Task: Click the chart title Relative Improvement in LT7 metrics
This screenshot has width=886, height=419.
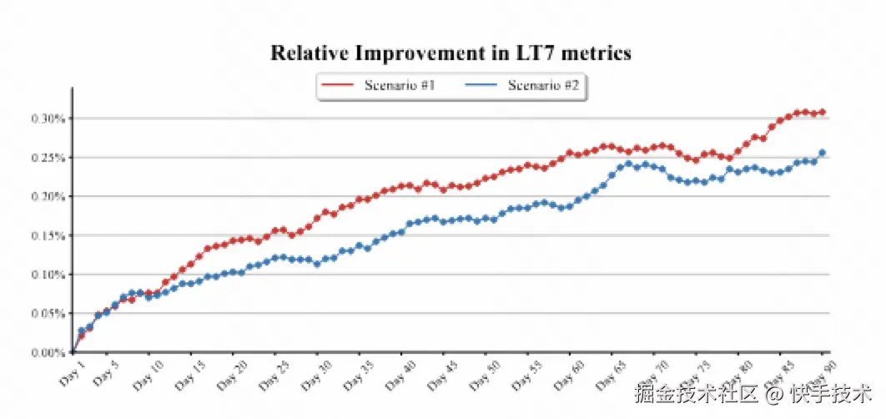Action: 451,53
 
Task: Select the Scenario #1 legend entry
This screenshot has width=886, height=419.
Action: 399,85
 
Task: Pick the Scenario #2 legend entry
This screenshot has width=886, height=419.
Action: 543,85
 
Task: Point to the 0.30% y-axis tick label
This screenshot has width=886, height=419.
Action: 48,119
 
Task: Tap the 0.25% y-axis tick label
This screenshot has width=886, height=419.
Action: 48,159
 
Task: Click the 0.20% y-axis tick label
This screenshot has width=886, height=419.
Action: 48,197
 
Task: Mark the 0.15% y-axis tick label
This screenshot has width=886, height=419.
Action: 48,236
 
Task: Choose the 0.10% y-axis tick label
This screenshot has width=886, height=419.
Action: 48,275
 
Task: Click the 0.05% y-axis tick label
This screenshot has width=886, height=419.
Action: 48,314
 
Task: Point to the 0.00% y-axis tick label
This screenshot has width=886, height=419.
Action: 48,353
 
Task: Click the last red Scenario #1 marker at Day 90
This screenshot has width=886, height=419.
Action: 823,112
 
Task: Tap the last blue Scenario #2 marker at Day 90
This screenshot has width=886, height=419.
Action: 823,153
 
